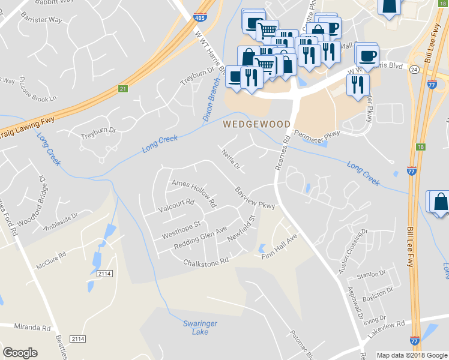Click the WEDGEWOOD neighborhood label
pos(257,125)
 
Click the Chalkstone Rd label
pos(206,262)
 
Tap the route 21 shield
pos(122,89)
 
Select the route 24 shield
pos(414,70)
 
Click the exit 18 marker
pos(420,147)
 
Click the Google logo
pos(20,353)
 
